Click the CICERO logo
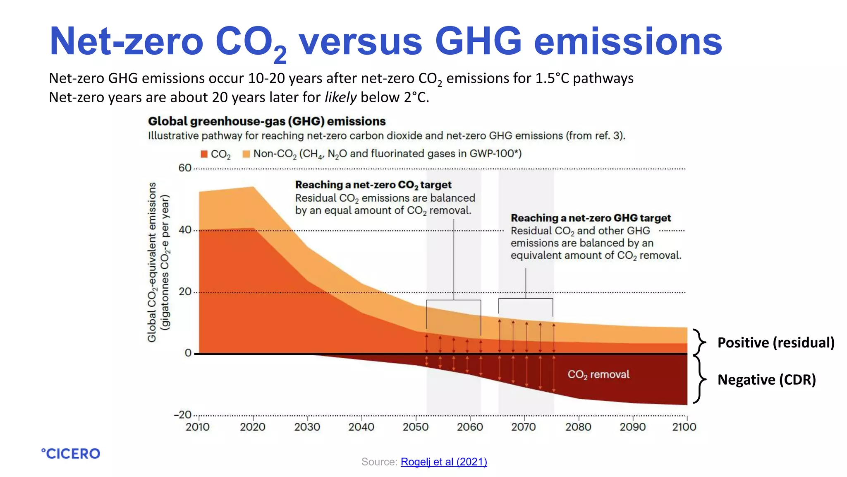tap(71, 453)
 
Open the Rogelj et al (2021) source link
tap(444, 462)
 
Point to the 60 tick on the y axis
tap(185, 168)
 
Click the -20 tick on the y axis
tap(182, 414)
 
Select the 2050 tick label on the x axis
tap(415, 427)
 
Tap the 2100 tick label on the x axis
tap(684, 427)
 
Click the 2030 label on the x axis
tap(307, 427)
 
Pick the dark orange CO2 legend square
tap(204, 154)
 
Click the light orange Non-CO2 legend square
tap(246, 154)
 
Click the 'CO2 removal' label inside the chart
tap(598, 374)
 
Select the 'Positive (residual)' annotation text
tap(776, 342)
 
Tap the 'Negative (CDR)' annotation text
tap(766, 380)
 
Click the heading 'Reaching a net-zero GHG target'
tap(591, 218)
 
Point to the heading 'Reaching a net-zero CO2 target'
tap(373, 185)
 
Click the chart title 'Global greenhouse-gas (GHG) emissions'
tap(267, 121)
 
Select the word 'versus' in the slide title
tap(361, 41)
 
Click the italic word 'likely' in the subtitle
tap(340, 97)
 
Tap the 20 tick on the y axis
tap(185, 291)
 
